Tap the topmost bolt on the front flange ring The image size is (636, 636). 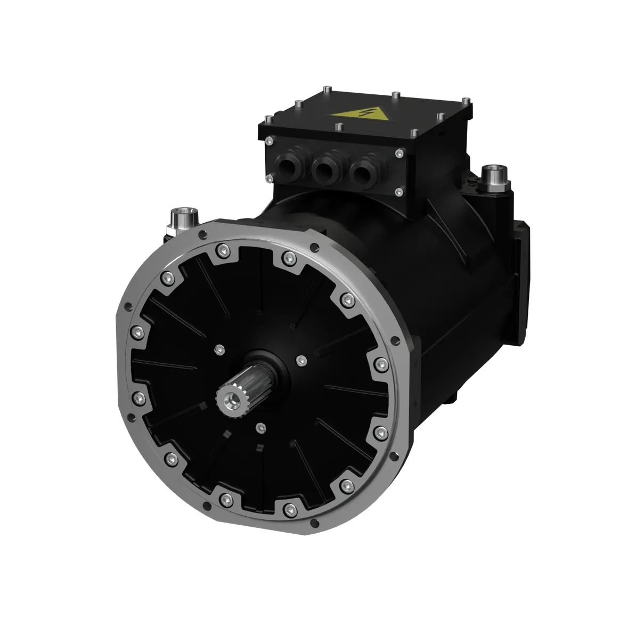pyautogui.click(x=288, y=258)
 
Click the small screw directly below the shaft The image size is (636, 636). pyautogui.click(x=260, y=427)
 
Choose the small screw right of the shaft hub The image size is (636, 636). pyautogui.click(x=301, y=361)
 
